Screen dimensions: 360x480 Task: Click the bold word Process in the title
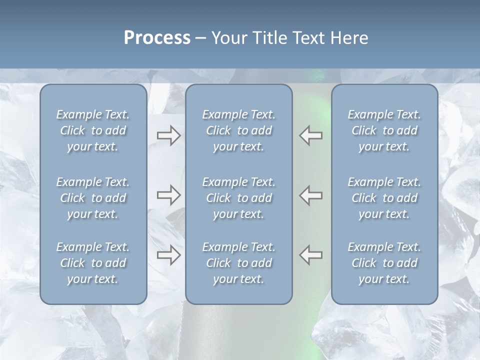pyautogui.click(x=157, y=38)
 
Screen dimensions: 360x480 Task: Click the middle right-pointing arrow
pyautogui.click(x=168, y=195)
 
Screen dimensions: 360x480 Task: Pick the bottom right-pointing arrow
pyautogui.click(x=168, y=255)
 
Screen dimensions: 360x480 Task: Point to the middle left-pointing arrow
pyautogui.click(x=310, y=195)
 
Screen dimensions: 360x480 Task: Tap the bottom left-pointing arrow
pyautogui.click(x=310, y=255)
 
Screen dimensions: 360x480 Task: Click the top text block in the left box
pyautogui.click(x=93, y=130)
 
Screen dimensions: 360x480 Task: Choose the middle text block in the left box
pyautogui.click(x=93, y=198)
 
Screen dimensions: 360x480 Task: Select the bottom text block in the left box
pyautogui.click(x=93, y=263)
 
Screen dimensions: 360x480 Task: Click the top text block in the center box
pyautogui.click(x=238, y=130)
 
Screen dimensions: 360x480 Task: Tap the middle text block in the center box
pyautogui.click(x=238, y=198)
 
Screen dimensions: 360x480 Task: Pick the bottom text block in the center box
pyautogui.click(x=238, y=263)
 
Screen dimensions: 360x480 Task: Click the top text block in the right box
pyautogui.click(x=384, y=130)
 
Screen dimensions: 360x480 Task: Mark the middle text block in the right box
pyautogui.click(x=384, y=198)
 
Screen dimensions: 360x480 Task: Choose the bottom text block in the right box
pyautogui.click(x=384, y=263)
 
